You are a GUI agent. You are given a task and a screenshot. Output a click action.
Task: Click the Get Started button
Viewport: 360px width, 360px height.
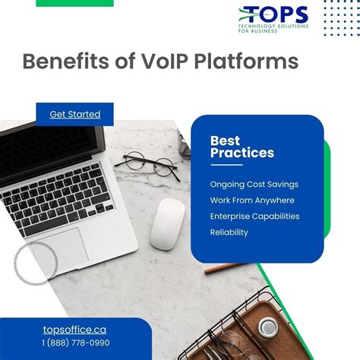[75, 114]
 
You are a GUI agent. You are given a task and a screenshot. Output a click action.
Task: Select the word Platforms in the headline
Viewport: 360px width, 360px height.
[246, 62]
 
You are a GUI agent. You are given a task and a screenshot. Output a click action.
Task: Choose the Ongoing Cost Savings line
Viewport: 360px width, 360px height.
[254, 184]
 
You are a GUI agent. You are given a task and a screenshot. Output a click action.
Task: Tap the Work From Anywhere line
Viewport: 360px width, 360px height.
[252, 200]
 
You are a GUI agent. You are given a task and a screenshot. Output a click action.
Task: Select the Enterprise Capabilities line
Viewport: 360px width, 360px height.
[254, 216]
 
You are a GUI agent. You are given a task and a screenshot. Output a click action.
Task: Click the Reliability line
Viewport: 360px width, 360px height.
[229, 232]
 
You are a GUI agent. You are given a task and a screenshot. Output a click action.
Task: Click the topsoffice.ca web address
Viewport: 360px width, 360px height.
[74, 330]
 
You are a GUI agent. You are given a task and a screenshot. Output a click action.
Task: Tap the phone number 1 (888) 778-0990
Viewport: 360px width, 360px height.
[75, 343]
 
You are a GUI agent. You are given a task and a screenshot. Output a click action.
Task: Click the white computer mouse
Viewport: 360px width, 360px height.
[167, 223]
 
